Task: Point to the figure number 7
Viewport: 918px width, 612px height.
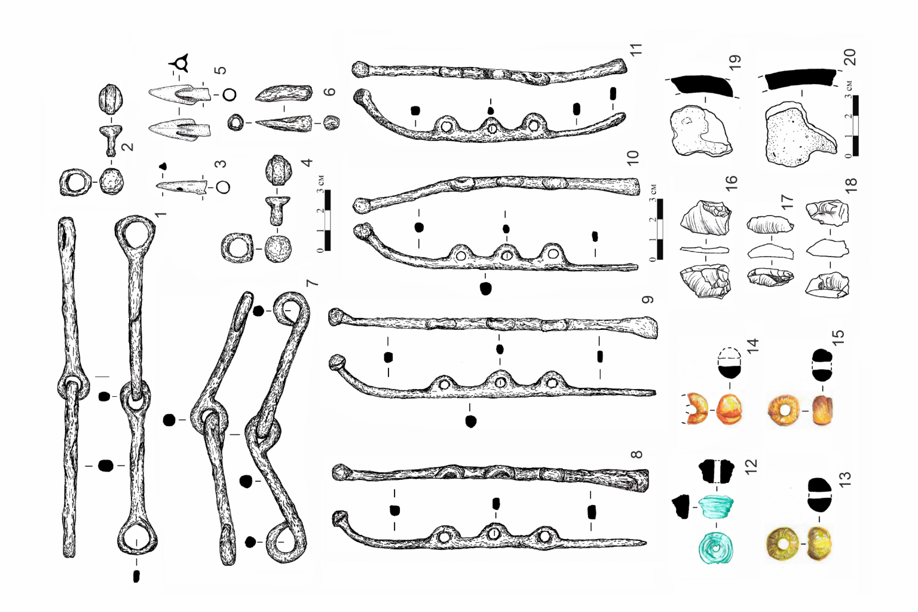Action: [x=312, y=283]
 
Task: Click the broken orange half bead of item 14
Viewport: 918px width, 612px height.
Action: [x=696, y=409]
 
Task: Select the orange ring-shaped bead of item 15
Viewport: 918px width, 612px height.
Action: [x=784, y=411]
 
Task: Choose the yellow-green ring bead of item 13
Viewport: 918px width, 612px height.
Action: [x=782, y=544]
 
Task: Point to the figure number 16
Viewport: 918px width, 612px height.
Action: [x=731, y=182]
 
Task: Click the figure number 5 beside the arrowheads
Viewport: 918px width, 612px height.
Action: [x=221, y=70]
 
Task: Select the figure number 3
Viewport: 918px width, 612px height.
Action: [x=221, y=164]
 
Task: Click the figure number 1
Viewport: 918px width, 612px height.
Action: [x=161, y=213]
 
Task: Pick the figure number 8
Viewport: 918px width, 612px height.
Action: [x=637, y=454]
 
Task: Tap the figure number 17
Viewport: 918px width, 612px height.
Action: [x=788, y=202]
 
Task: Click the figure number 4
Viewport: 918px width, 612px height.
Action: [x=307, y=163]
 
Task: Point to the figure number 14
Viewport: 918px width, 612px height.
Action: [x=753, y=345]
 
